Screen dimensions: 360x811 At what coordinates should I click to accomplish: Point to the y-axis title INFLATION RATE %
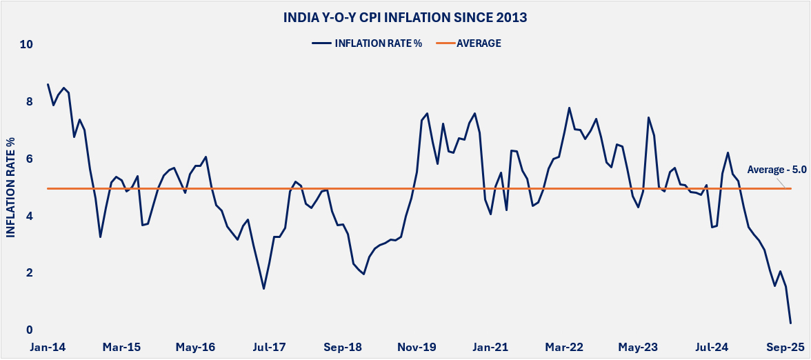12,187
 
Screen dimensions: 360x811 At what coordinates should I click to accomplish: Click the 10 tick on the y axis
27,45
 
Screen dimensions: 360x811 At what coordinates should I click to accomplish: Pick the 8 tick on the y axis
30,102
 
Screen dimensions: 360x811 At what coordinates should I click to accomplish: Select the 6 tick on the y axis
30,159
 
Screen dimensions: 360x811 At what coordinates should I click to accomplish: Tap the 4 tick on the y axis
30,217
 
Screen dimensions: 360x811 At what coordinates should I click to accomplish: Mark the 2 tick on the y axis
30,274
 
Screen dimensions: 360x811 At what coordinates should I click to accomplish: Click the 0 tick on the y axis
30,330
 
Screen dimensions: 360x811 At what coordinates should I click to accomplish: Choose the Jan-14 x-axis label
47,347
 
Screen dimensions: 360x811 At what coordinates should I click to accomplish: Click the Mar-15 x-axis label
122,347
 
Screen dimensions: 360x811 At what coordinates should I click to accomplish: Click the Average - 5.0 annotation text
777,169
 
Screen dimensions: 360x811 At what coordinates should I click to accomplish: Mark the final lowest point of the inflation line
790,323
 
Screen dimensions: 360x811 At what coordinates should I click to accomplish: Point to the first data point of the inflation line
48,84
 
